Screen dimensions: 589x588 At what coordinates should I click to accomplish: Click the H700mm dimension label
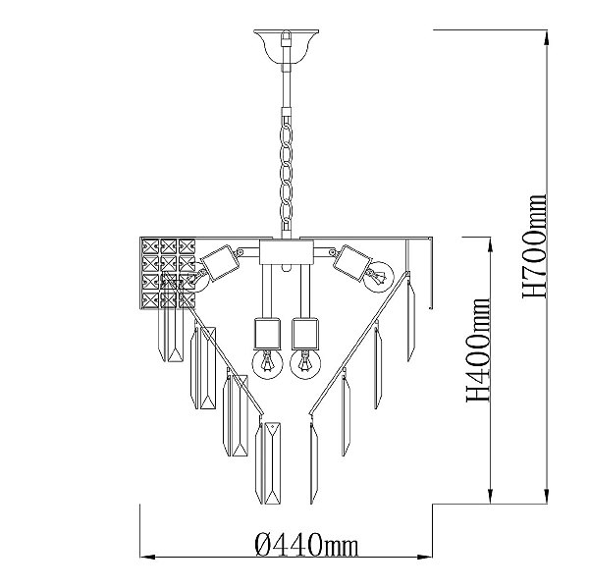[534, 246]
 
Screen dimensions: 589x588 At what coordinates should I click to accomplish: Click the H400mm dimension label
[478, 350]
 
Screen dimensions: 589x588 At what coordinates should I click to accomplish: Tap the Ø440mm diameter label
[306, 545]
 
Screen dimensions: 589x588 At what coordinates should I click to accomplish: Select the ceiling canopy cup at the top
[287, 46]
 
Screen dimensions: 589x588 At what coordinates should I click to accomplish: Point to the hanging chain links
[287, 173]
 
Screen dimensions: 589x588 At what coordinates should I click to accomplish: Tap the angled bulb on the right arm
[378, 277]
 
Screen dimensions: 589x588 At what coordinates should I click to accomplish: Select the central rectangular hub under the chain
[287, 252]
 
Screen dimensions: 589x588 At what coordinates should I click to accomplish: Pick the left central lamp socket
[267, 334]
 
